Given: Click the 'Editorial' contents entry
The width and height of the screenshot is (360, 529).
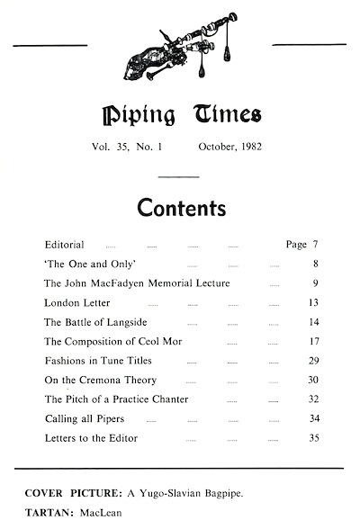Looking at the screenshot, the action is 64,245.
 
